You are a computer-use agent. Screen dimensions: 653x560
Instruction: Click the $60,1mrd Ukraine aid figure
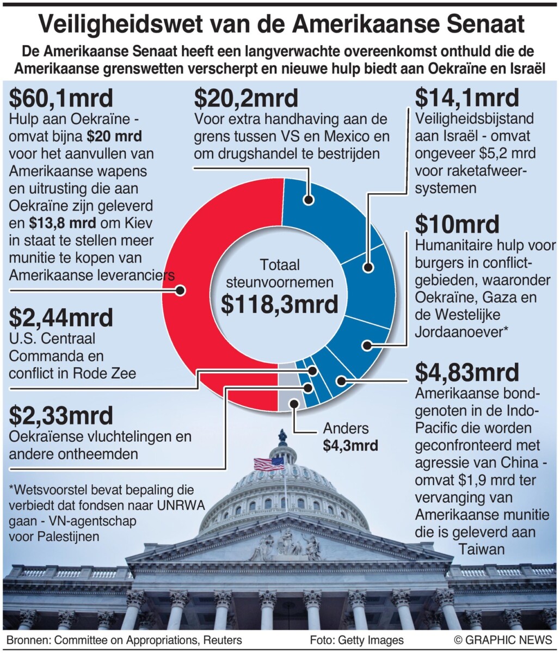click(61, 99)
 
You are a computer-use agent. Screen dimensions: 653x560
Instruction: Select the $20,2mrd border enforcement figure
click(246, 99)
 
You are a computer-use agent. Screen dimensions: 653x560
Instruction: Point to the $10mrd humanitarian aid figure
click(457, 224)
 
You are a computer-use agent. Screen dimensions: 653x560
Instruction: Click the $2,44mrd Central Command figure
click(61, 318)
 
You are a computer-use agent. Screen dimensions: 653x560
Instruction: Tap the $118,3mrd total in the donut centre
click(279, 305)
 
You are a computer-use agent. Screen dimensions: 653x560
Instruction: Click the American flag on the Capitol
click(269, 464)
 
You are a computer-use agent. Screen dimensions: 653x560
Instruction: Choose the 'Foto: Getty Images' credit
click(356, 640)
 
